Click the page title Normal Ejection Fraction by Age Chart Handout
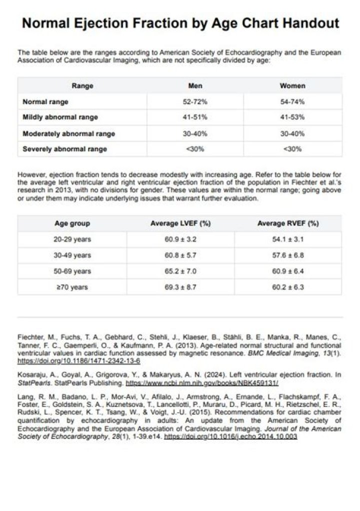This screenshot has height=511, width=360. click(x=180, y=23)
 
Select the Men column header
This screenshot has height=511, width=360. click(x=195, y=85)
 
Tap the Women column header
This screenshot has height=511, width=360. click(x=292, y=85)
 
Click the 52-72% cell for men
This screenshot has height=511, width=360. click(x=195, y=101)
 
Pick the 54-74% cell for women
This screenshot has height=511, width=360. click(x=292, y=101)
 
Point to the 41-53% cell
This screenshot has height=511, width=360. click(x=292, y=117)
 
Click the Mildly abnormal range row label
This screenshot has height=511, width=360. click(x=60, y=117)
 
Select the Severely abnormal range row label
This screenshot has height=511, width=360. click(x=64, y=149)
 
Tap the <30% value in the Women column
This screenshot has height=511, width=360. click(x=292, y=149)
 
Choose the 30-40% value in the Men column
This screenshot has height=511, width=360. click(x=195, y=133)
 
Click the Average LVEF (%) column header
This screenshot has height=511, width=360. click(x=180, y=223)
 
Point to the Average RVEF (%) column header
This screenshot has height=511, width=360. click(x=288, y=223)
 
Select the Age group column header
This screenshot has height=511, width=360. click(x=72, y=223)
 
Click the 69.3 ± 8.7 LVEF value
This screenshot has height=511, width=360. click(x=180, y=287)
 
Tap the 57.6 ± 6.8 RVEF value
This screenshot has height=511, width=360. click(x=288, y=255)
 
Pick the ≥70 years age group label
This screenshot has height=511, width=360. click(x=72, y=287)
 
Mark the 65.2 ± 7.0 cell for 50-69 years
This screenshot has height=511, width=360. click(x=180, y=271)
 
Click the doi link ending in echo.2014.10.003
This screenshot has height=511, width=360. click(x=230, y=436)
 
